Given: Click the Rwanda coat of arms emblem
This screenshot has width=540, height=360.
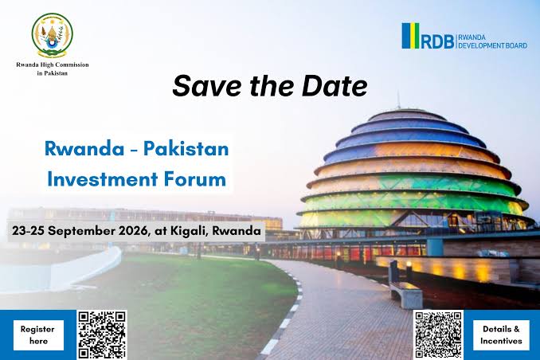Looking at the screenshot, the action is [x=53, y=35].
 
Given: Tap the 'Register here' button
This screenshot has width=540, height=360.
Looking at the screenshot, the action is [x=38, y=335].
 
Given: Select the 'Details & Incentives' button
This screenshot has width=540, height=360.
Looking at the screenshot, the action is [x=501, y=335].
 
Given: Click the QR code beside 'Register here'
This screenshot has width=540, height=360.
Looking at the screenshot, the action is [x=102, y=335].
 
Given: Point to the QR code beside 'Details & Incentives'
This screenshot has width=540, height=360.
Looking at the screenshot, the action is [x=438, y=335].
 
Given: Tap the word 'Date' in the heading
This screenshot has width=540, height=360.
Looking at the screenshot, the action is [x=334, y=85].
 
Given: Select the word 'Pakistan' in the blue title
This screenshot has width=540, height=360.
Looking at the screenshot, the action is [x=186, y=149].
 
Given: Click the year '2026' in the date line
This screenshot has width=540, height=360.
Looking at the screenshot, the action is [x=134, y=230].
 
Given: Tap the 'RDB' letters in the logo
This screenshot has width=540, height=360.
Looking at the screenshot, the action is [x=437, y=41].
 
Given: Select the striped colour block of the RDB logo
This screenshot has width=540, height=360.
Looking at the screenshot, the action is [x=410, y=36].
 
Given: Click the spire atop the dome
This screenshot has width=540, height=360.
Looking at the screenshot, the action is [x=398, y=100].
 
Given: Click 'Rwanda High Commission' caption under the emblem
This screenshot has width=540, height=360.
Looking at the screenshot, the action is [x=53, y=65].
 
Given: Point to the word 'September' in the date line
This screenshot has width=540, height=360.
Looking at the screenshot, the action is [x=82, y=231].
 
